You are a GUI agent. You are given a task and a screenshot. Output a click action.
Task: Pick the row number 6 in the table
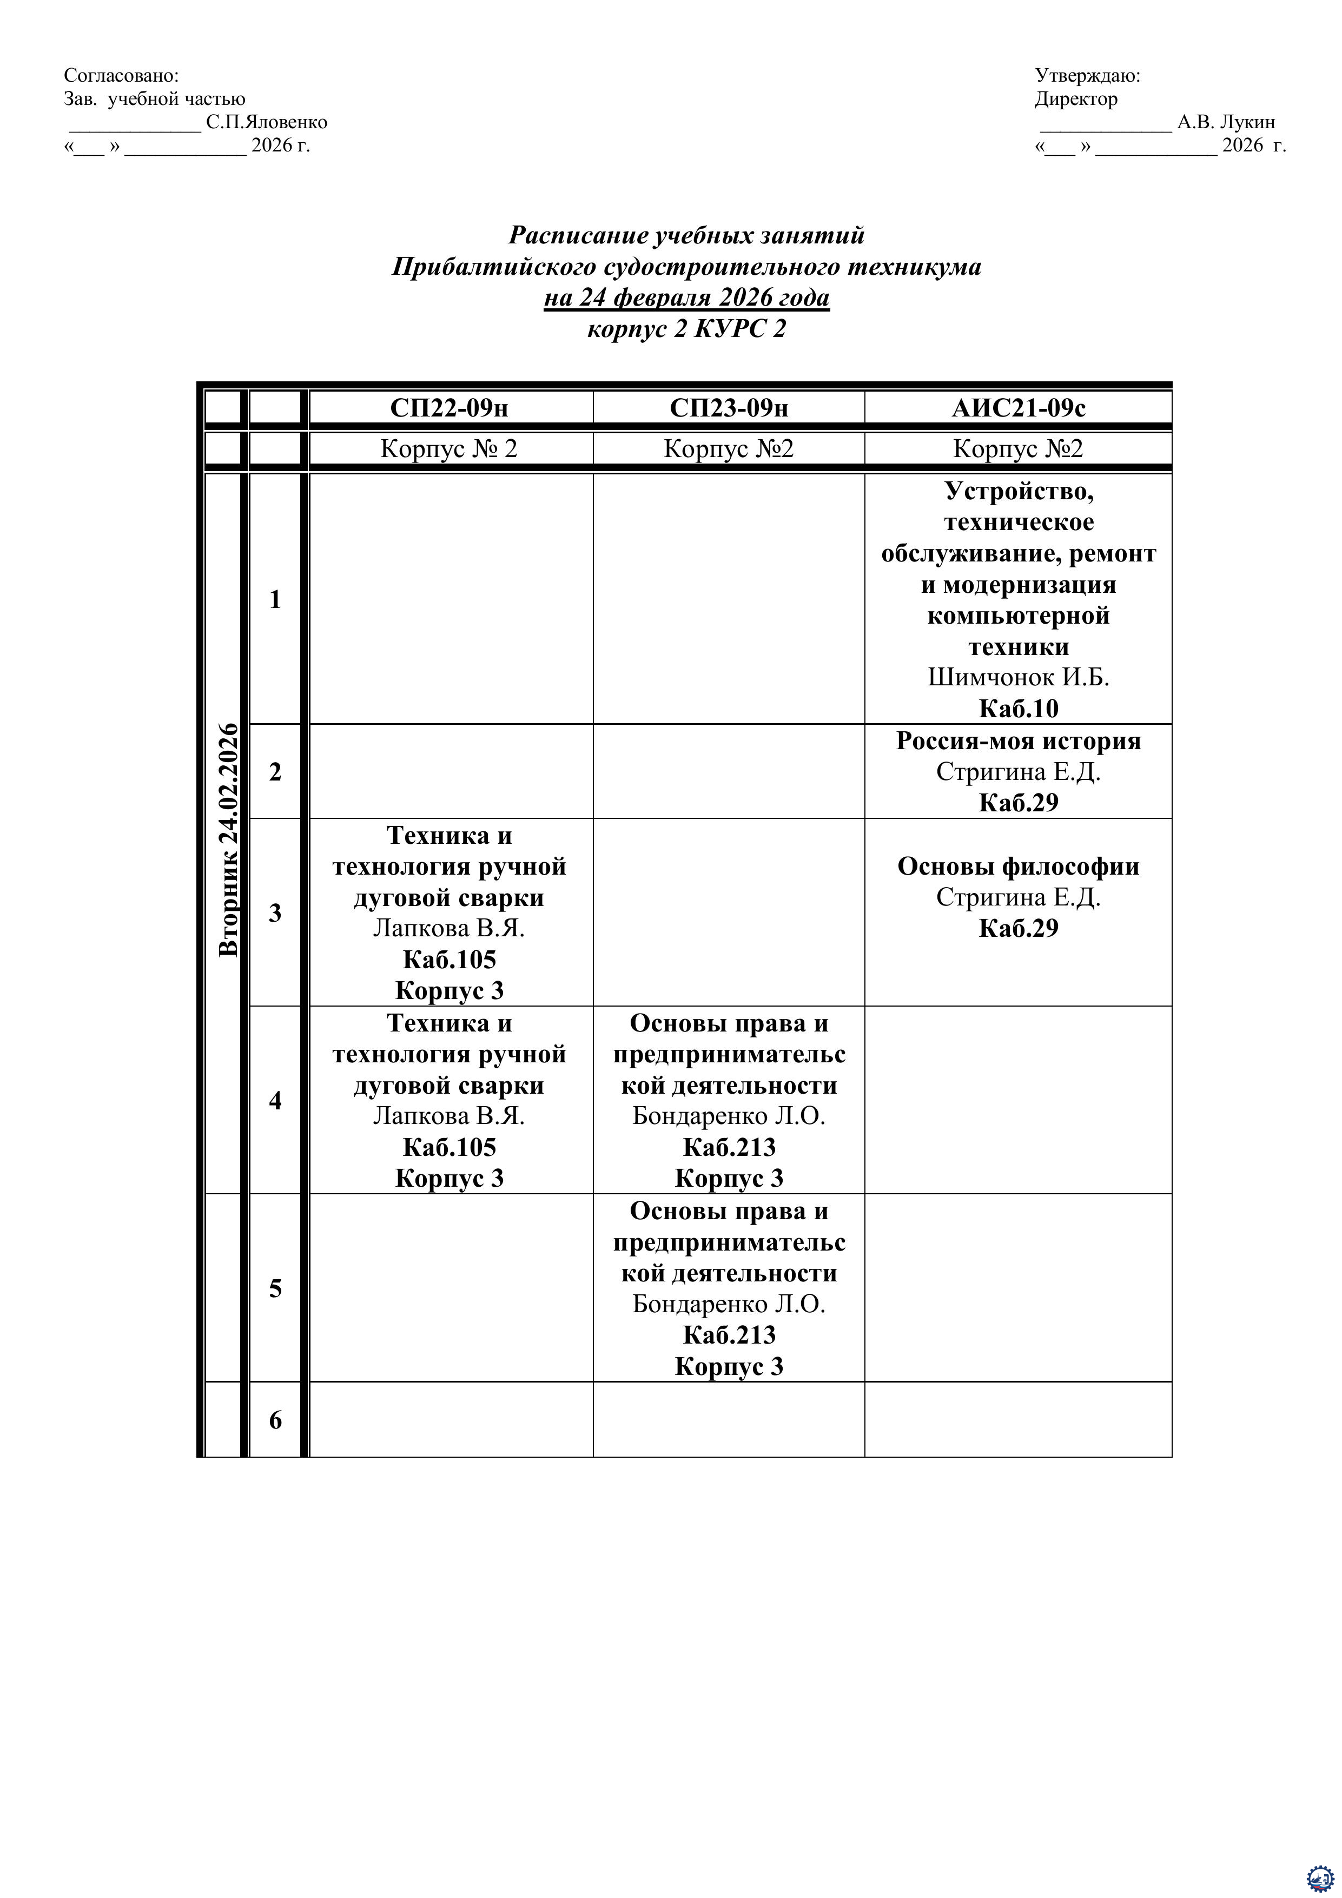[x=275, y=1420]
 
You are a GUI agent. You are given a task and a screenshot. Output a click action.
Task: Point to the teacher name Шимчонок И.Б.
[x=1018, y=677]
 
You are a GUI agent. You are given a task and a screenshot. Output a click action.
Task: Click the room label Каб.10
[x=1018, y=709]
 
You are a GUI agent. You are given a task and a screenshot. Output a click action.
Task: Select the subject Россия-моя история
[x=1018, y=740]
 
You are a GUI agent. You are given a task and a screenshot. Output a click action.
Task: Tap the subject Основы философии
[x=1018, y=867]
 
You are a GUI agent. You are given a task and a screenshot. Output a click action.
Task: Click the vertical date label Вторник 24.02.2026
[x=228, y=839]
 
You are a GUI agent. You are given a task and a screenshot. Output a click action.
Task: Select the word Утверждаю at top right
[x=1087, y=75]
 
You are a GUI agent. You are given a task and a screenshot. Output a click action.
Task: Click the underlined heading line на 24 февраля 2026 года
[x=686, y=297]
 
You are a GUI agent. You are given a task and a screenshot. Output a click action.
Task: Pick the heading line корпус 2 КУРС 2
[x=686, y=329]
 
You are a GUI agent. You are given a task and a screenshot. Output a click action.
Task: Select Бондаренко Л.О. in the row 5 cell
[x=729, y=1304]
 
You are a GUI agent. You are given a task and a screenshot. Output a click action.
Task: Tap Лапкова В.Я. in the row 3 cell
[x=449, y=928]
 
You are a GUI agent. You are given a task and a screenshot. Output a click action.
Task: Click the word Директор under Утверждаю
[x=1076, y=99]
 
